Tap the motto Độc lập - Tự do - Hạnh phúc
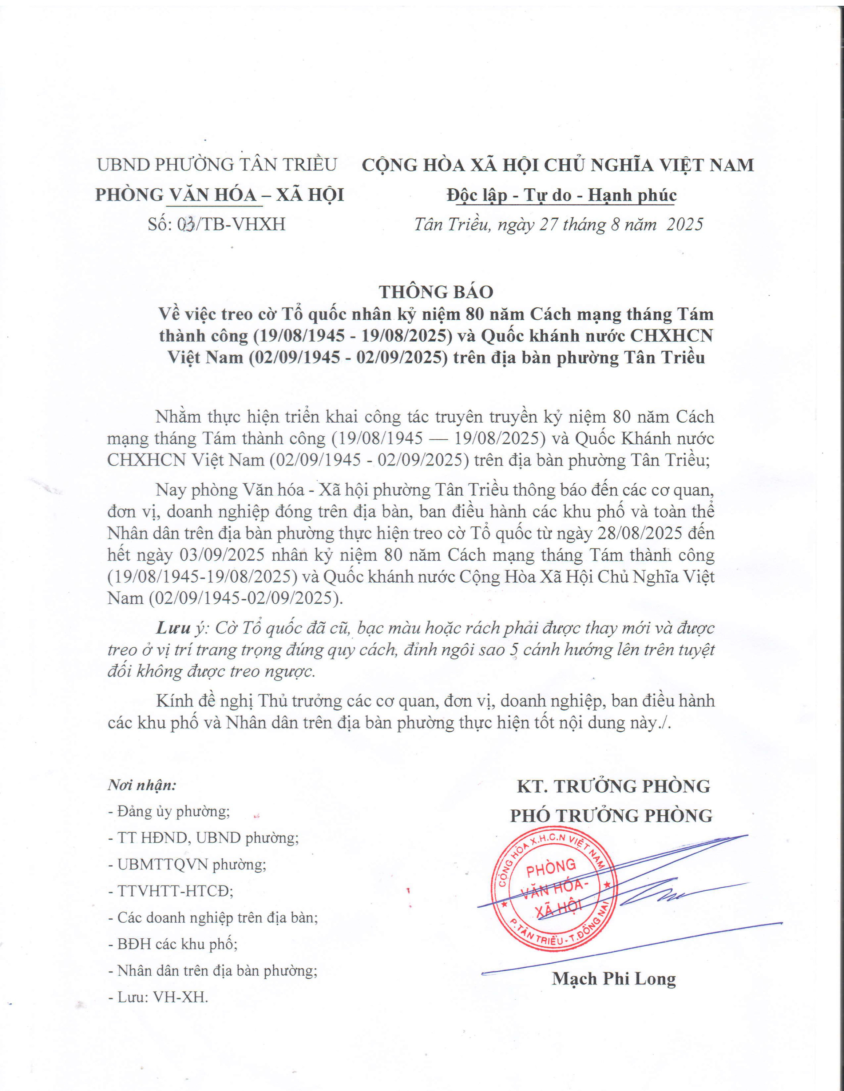562,195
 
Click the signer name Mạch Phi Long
614,979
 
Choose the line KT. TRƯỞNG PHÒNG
613,786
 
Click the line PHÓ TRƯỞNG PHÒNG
611,816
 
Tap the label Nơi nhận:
142,786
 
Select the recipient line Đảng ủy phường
169,812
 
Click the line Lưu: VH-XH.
158,998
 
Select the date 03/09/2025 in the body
202,555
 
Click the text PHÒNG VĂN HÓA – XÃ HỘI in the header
219,195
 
